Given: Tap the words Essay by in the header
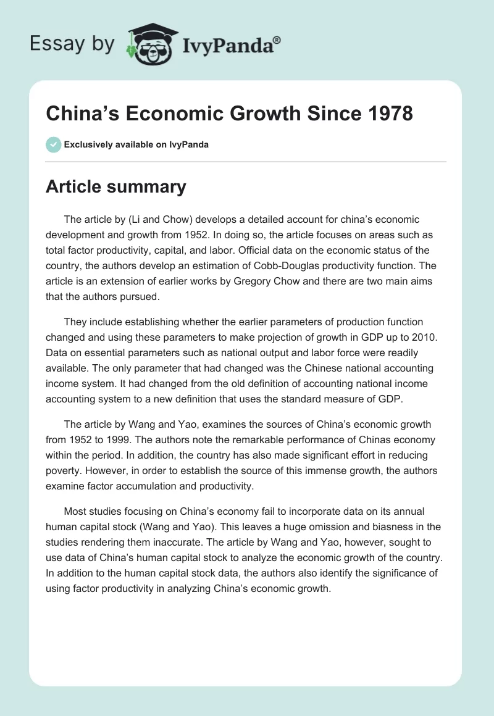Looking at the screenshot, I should click(x=72, y=44).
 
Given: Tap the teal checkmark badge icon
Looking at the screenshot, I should click(x=53, y=144).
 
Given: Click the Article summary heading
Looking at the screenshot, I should click(x=115, y=187).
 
